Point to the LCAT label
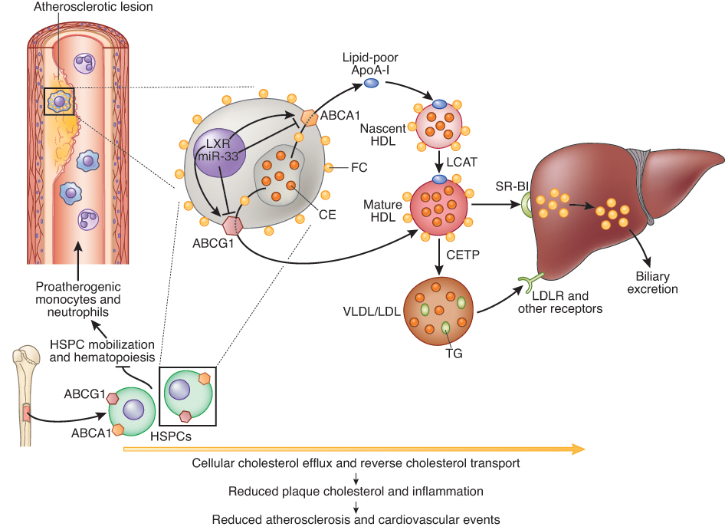463,163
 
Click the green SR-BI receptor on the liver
527,206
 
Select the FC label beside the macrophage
357,166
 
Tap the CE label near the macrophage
327,215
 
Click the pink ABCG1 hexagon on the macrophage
232,226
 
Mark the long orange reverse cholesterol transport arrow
353,449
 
